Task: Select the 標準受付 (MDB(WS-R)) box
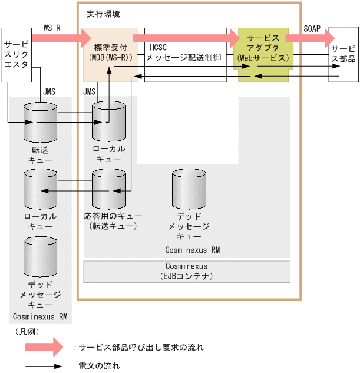point(110,54)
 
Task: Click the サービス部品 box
point(342,54)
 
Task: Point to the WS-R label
point(52,28)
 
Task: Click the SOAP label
point(312,28)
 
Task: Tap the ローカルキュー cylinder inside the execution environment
point(109,122)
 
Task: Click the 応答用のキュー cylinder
point(109,190)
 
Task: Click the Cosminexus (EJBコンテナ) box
point(187,271)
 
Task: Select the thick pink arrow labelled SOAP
point(309,38)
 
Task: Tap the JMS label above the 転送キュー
point(49,92)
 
